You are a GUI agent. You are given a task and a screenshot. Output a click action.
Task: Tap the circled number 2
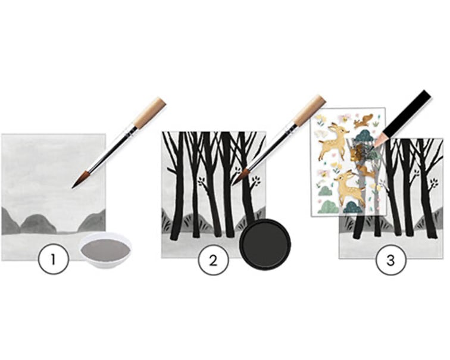pos(213,261)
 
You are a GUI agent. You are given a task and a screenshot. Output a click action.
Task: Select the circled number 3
pos(391,260)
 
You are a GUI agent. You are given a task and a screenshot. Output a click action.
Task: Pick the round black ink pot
pos(265,245)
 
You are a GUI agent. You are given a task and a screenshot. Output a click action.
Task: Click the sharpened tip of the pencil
pos(372,148)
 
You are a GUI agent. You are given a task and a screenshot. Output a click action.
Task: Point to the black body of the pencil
pos(408,112)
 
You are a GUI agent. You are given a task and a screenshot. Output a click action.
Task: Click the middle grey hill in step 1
pos(38,224)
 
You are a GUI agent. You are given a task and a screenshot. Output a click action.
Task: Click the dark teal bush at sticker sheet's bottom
pos(354,208)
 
